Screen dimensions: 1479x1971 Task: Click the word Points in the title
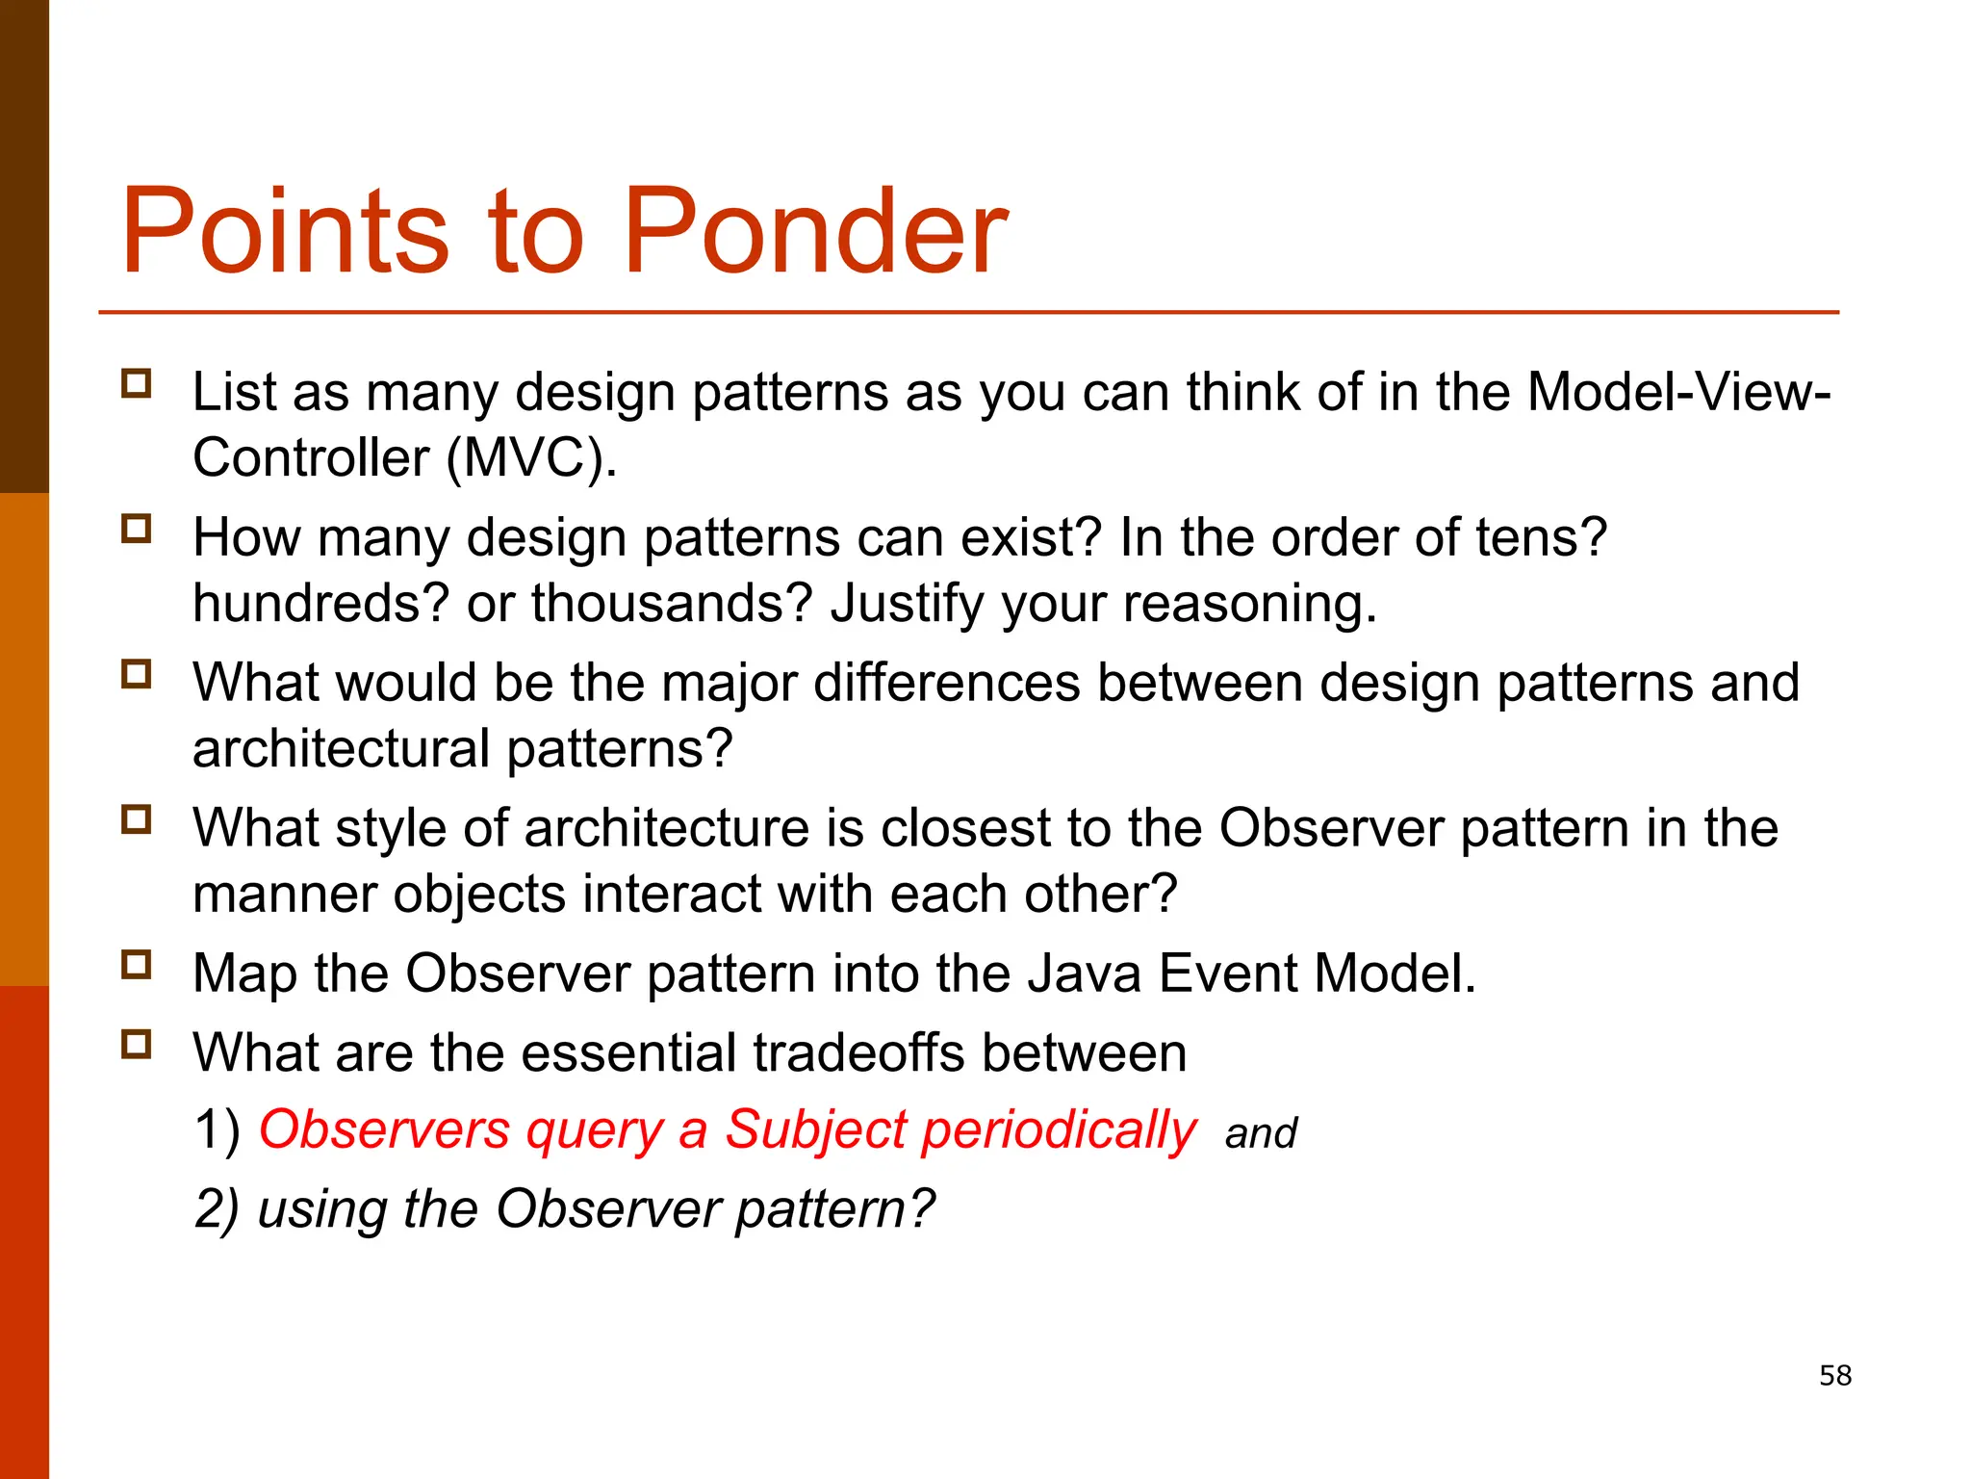point(285,233)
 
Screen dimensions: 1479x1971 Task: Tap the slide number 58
point(1834,1375)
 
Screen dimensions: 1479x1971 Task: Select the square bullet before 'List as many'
point(137,384)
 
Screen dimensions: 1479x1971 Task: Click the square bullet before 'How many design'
point(137,529)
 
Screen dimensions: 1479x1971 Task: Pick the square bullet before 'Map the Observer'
point(137,964)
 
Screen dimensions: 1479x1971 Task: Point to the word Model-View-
point(1678,393)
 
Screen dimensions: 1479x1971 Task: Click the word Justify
point(907,604)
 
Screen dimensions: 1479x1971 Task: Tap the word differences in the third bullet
point(946,683)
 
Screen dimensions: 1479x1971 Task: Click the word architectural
point(341,749)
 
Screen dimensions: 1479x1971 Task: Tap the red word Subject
point(815,1130)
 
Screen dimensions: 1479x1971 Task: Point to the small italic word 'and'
point(1260,1134)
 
